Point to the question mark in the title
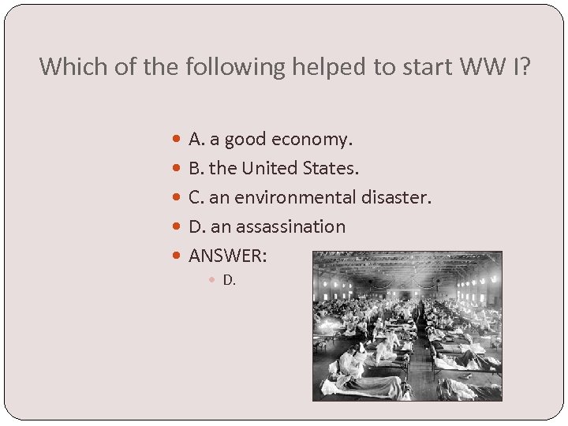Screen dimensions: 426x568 pyautogui.click(x=526, y=66)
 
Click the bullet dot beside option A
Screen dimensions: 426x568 pyautogui.click(x=176, y=140)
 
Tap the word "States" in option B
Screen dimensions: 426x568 pyautogui.click(x=334, y=168)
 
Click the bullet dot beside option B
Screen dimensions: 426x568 pyautogui.click(x=176, y=169)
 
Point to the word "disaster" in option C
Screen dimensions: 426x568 pyautogui.click(x=397, y=197)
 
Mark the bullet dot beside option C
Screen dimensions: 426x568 pyautogui.click(x=176, y=198)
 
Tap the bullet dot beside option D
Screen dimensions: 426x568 pyautogui.click(x=176, y=227)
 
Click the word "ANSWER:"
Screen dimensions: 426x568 pyautogui.click(x=228, y=256)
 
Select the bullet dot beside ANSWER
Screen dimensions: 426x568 pyautogui.click(x=176, y=256)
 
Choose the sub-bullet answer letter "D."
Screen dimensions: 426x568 pyautogui.click(x=230, y=279)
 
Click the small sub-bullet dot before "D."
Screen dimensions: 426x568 pyautogui.click(x=214, y=280)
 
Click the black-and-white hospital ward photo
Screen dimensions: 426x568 pyautogui.click(x=407, y=327)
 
